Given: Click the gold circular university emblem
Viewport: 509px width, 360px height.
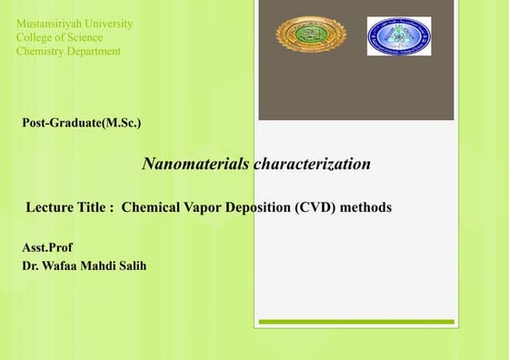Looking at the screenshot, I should click(x=310, y=35).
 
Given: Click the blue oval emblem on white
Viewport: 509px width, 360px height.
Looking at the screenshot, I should click(x=399, y=36).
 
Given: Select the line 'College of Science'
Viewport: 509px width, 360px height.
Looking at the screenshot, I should click(x=59, y=37).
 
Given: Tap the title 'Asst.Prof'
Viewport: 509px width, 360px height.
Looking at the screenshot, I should click(x=46, y=247).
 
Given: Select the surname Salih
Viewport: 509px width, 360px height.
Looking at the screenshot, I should click(x=134, y=266).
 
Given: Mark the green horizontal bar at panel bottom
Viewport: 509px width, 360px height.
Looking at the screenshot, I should click(x=355, y=322).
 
